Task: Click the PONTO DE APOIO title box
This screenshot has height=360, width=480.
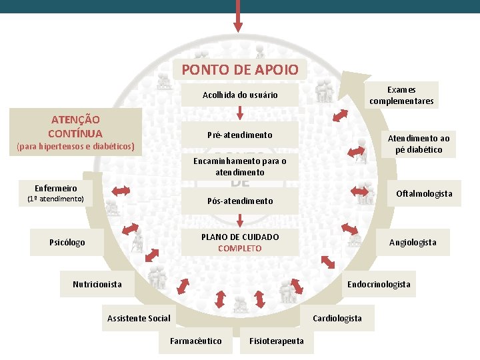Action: pyautogui.click(x=240, y=69)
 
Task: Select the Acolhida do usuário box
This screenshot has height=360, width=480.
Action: pyautogui.click(x=240, y=95)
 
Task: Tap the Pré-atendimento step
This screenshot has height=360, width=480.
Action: pyautogui.click(x=240, y=135)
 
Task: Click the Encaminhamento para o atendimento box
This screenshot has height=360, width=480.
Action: pyautogui.click(x=240, y=167)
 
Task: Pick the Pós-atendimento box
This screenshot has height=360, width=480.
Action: pyautogui.click(x=240, y=201)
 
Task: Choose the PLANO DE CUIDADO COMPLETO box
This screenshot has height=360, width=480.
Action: pyautogui.click(x=240, y=243)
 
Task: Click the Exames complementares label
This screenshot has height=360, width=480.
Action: pyautogui.click(x=401, y=95)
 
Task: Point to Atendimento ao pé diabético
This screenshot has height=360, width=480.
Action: pyautogui.click(x=419, y=144)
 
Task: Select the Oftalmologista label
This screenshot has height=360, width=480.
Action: pyautogui.click(x=424, y=194)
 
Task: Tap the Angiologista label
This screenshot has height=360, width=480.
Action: pyautogui.click(x=413, y=243)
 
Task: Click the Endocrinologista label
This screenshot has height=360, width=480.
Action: pyautogui.click(x=379, y=285)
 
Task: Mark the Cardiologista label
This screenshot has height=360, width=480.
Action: pyautogui.click(x=337, y=319)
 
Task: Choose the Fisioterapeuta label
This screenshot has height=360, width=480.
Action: pyautogui.click(x=276, y=341)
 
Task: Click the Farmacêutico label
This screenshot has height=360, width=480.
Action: pyautogui.click(x=196, y=341)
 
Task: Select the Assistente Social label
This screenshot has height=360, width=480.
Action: pyautogui.click(x=139, y=319)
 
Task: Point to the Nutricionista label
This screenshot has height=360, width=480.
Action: pyautogui.click(x=97, y=285)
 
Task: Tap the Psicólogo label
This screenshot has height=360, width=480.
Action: pyautogui.click(x=67, y=243)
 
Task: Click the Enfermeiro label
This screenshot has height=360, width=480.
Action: pyautogui.click(x=56, y=189)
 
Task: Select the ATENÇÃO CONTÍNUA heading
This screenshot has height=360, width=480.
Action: pyautogui.click(x=75, y=125)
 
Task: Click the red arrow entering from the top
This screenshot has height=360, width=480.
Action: pyautogui.click(x=238, y=16)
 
